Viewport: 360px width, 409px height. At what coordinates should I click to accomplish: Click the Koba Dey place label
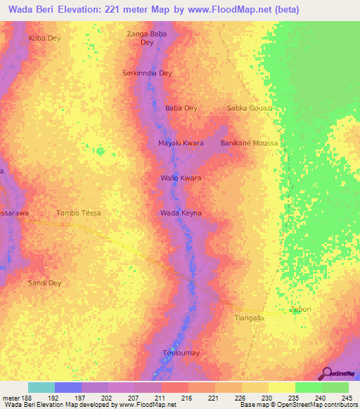click(x=44, y=38)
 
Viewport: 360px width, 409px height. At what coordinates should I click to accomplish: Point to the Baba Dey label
click(x=181, y=108)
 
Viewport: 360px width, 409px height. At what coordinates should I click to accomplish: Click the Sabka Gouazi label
click(x=249, y=108)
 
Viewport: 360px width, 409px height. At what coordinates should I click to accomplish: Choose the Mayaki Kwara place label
click(x=181, y=143)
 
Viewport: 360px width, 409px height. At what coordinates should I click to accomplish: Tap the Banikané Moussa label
click(x=250, y=143)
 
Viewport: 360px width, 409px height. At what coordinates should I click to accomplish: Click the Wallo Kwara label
click(x=181, y=178)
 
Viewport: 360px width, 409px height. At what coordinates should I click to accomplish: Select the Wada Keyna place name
click(x=181, y=212)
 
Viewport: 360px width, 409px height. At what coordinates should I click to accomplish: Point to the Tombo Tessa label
click(x=78, y=213)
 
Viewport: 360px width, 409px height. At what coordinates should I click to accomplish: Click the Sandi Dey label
click(x=44, y=283)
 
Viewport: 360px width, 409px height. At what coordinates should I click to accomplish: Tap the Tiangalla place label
click(x=248, y=318)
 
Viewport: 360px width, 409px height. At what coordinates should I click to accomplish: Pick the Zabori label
click(x=300, y=309)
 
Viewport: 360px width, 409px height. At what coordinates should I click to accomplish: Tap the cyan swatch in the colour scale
click(x=41, y=387)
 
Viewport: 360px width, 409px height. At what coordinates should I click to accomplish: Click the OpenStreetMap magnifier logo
click(x=327, y=375)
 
